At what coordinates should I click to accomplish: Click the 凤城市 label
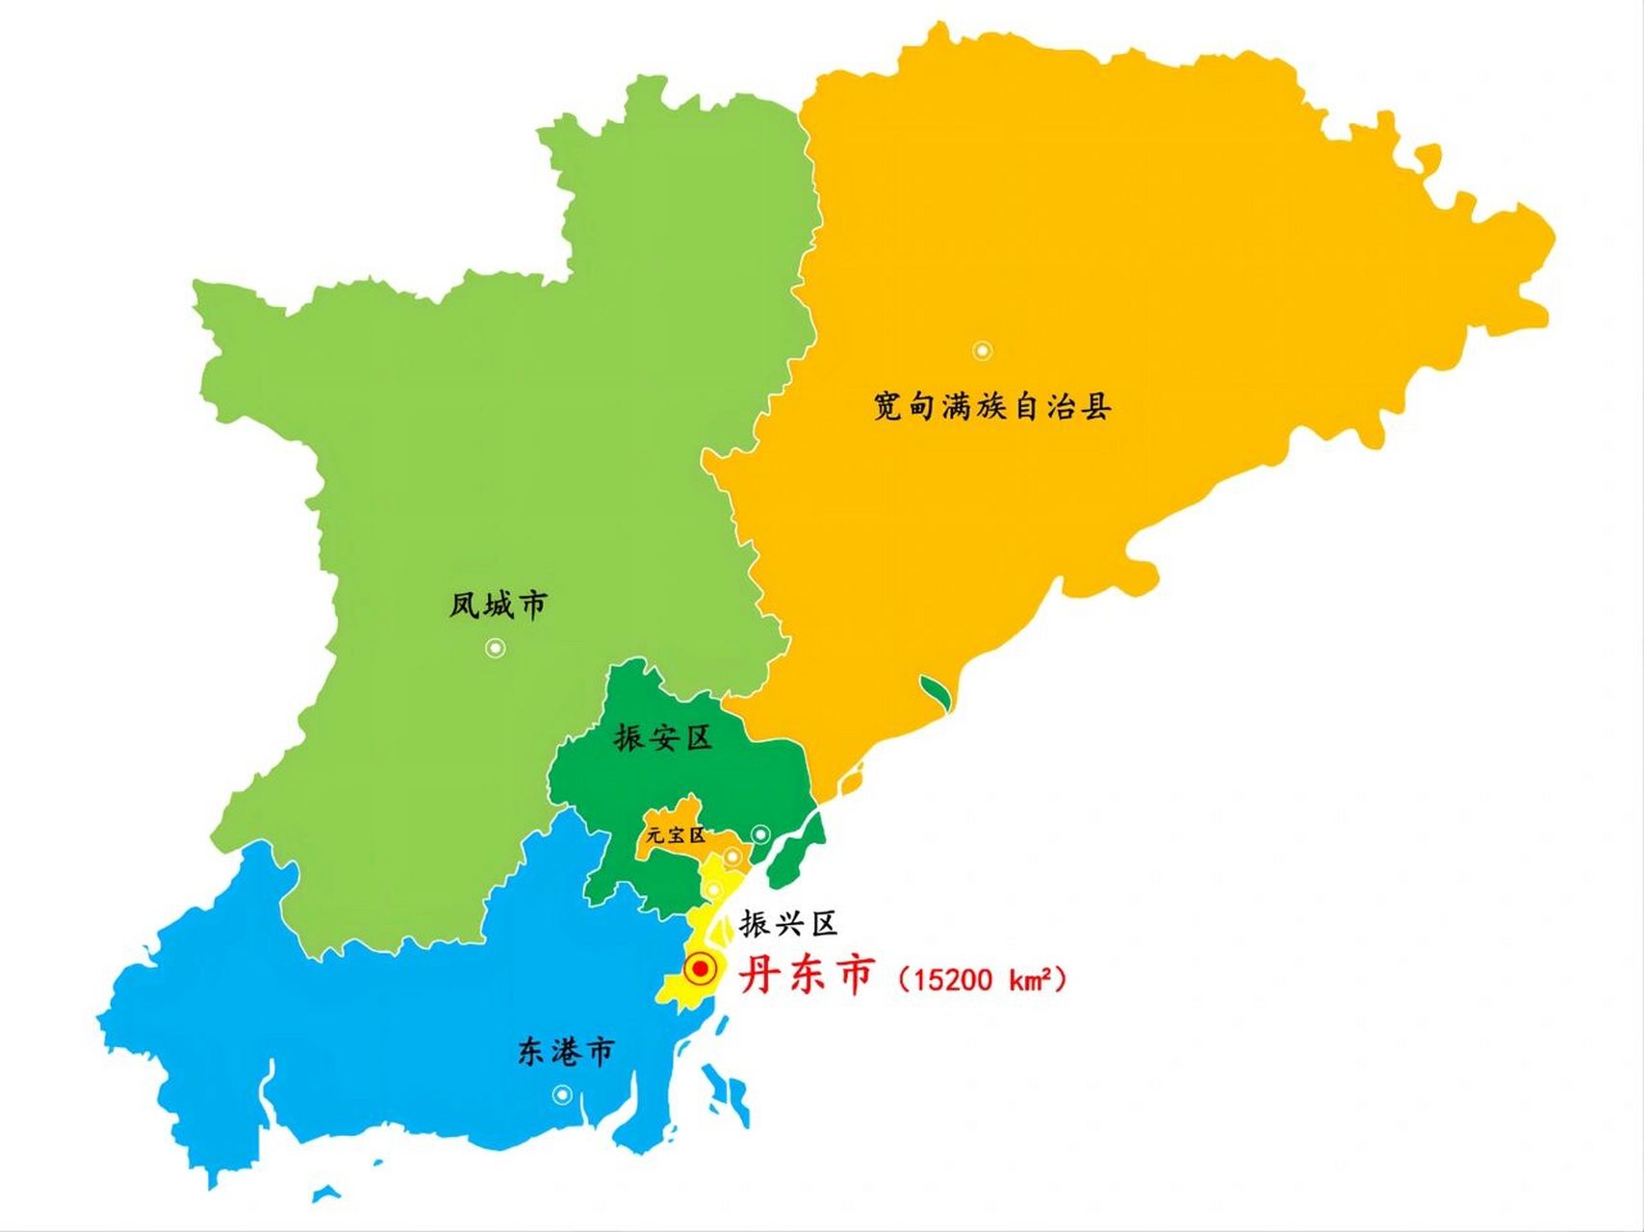pos(499,605)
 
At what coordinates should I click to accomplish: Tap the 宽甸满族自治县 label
pos(992,405)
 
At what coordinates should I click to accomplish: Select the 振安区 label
pos(663,738)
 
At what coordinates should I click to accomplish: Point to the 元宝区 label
pos(675,834)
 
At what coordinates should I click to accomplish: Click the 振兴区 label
pos(788,924)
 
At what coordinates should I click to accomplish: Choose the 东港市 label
pos(565,1051)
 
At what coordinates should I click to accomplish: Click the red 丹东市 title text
pos(807,974)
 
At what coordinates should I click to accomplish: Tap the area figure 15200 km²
pos(981,980)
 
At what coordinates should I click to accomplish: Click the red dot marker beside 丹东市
pos(701,968)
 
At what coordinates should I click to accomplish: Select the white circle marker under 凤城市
pos(495,648)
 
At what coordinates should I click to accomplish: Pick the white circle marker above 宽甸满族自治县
pos(982,350)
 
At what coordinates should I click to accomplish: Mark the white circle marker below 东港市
pos(562,1094)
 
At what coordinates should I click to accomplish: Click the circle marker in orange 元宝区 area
pos(732,856)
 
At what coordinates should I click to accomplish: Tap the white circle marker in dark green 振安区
pos(760,834)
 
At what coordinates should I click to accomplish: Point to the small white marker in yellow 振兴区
pos(713,890)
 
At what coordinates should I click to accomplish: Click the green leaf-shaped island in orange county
pos(934,691)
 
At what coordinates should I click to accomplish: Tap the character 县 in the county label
pos(1096,405)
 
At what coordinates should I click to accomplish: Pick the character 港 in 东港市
pos(565,1051)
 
